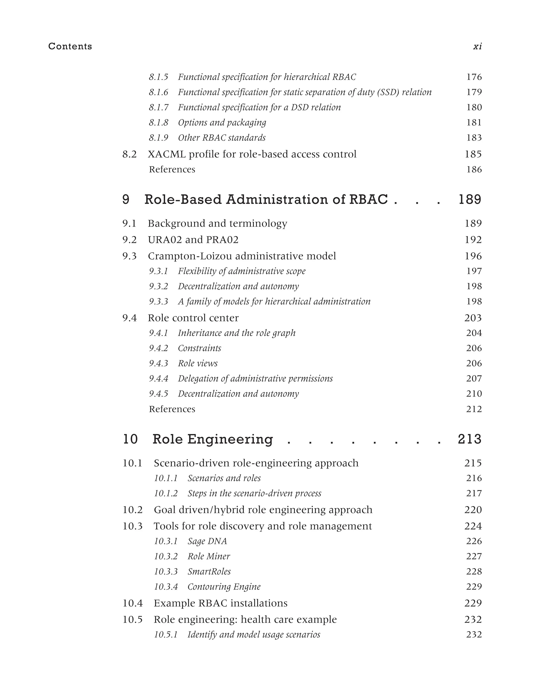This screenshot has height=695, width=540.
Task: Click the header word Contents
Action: pyautogui.click(x=70, y=46)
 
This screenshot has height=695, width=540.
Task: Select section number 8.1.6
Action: pyautogui.click(x=158, y=92)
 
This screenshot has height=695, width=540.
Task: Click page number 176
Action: pyautogui.click(x=474, y=77)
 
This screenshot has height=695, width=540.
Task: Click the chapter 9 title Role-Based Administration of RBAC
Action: pyautogui.click(x=266, y=200)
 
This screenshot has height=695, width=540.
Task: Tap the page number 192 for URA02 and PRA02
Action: pyautogui.click(x=473, y=240)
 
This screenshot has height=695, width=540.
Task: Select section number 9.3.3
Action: pyautogui.click(x=158, y=302)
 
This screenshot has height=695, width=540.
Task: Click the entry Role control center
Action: pyautogui.click(x=193, y=318)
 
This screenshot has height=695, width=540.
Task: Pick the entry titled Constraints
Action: pyautogui.click(x=199, y=348)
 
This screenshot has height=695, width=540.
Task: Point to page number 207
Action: pyautogui.click(x=474, y=379)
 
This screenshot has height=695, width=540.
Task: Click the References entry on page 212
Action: pyautogui.click(x=172, y=409)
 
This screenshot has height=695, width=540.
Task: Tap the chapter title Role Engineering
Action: pyautogui.click(x=212, y=439)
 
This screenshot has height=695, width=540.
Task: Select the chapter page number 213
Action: pyautogui.click(x=469, y=439)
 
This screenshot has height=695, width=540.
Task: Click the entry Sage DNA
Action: pyautogui.click(x=207, y=541)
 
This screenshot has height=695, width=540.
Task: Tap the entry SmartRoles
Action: pyautogui.click(x=209, y=571)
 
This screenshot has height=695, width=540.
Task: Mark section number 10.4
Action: pyautogui.click(x=133, y=603)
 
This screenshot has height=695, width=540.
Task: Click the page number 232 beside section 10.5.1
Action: pyautogui.click(x=474, y=635)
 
